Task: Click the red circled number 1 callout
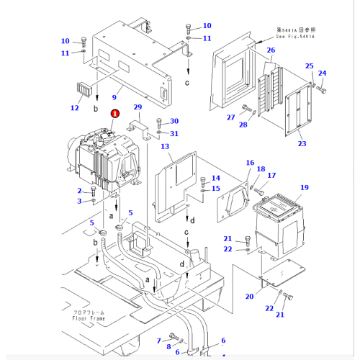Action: [114, 113]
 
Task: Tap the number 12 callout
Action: [74, 108]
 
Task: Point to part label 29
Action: [138, 107]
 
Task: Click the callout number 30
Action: [174, 121]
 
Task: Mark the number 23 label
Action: [302, 144]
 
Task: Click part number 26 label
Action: [271, 50]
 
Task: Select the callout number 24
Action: [322, 73]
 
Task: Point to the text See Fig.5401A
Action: [297, 34]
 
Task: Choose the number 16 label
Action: [250, 163]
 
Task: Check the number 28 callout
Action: [243, 125]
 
